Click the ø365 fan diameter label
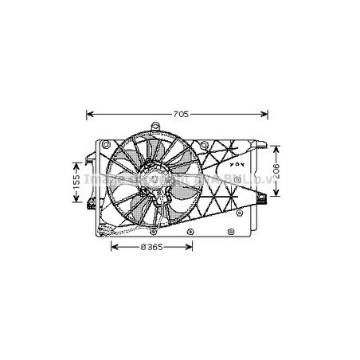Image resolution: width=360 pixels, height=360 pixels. click(x=151, y=247)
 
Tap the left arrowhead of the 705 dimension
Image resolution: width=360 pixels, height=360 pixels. click(x=89, y=115)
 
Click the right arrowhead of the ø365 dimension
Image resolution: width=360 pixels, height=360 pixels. click(x=191, y=247)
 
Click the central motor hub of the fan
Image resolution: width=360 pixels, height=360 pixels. click(x=151, y=186)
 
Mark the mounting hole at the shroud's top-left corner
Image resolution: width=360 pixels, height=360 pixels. click(x=104, y=147)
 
